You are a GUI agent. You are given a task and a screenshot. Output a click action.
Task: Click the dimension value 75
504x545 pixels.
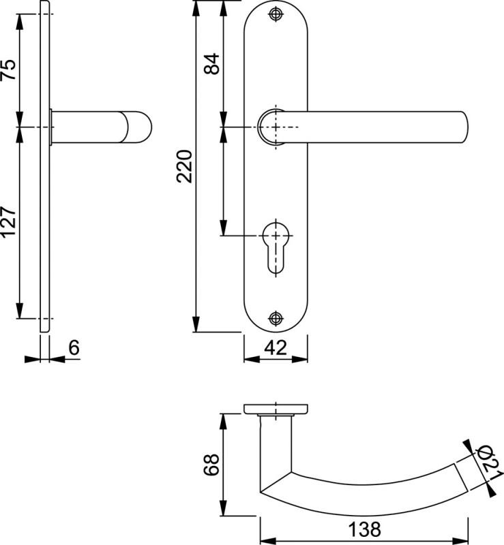point(8,71)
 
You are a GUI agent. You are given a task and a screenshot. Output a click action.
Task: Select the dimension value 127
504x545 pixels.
point(8,223)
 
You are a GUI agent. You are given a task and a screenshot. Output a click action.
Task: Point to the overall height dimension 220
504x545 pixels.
point(184,166)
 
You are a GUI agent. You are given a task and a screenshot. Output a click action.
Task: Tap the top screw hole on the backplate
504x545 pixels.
point(275,14)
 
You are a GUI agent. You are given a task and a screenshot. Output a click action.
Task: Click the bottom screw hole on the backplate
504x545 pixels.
point(275,317)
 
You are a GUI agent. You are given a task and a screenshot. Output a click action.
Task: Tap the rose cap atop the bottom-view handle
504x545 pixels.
point(276,409)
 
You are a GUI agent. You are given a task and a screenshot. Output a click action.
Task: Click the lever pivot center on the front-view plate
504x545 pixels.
point(275,127)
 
